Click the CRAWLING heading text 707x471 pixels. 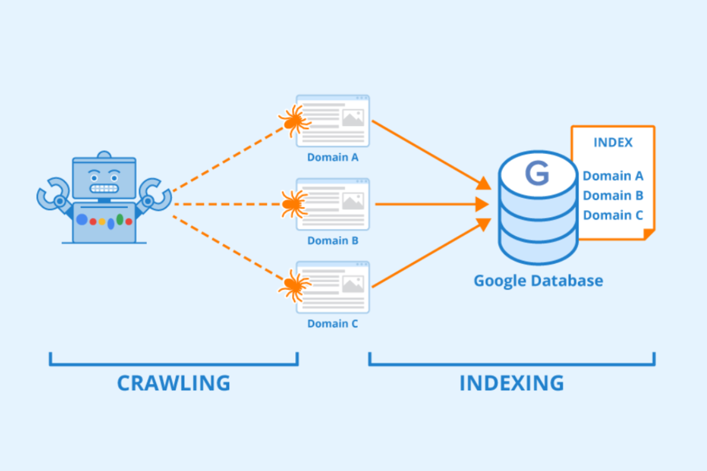click(173, 383)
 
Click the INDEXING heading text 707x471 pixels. click(511, 383)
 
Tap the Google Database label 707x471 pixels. click(538, 280)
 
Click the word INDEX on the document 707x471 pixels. click(613, 142)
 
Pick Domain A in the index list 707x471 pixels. click(613, 175)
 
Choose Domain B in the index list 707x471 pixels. click(613, 195)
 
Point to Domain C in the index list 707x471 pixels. click(613, 215)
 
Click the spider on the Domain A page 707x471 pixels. click(293, 121)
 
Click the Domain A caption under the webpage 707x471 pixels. click(332, 158)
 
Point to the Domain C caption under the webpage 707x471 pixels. click(332, 324)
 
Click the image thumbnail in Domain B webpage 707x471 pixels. click(353, 201)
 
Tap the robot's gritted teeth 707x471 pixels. click(104, 190)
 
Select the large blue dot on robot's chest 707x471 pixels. click(82, 220)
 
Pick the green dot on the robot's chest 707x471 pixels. click(120, 220)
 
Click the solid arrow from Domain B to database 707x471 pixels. click(430, 204)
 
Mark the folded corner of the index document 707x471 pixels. click(649, 234)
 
